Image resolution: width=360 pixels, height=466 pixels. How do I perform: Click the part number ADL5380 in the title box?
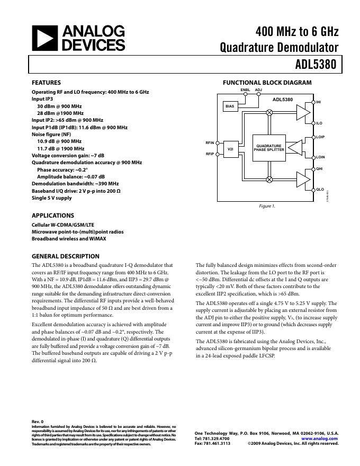[x=316, y=65]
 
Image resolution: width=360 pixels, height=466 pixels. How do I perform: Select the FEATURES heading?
[x=46, y=83]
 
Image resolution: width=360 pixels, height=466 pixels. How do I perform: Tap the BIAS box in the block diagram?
[x=230, y=106]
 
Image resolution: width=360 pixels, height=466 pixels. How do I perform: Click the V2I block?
[x=230, y=149]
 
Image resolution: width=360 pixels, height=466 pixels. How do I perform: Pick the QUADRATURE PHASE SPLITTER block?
[x=269, y=148]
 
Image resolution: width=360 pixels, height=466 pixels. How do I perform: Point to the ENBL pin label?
[x=245, y=90]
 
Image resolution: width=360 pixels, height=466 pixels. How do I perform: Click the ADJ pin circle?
[x=258, y=95]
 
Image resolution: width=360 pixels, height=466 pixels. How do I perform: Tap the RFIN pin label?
[x=210, y=143]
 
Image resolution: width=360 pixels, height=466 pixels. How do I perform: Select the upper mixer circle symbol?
[x=269, y=113]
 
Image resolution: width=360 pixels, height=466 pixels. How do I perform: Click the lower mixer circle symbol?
[x=269, y=180]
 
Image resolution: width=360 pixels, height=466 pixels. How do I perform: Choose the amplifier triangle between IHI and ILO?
[x=302, y=112]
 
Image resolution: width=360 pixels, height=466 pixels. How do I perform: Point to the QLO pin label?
[x=320, y=189]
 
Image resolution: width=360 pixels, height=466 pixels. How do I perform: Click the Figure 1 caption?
[x=266, y=206]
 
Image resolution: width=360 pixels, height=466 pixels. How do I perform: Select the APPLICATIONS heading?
[x=53, y=216]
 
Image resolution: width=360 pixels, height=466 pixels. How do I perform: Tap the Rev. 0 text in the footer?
[x=38, y=422]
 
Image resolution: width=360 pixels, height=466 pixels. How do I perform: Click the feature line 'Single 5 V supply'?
[x=51, y=198]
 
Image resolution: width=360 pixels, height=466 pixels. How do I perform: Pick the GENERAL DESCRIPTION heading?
[x=66, y=256]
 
